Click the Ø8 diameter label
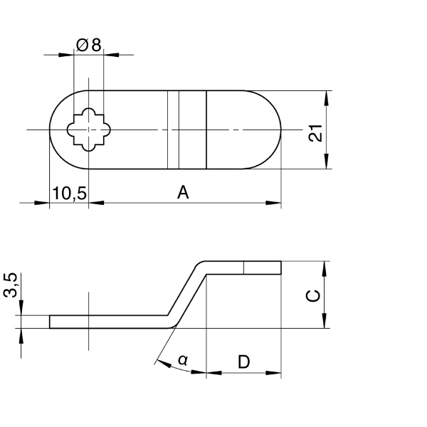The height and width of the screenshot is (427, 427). [x=88, y=45]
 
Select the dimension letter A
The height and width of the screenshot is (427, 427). [x=183, y=192]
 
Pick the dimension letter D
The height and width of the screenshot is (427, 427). [x=243, y=362]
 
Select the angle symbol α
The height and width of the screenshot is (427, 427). [x=183, y=362]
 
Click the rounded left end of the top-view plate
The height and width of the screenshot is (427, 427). [x=57, y=130]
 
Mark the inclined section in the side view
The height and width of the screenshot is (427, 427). [x=186, y=293]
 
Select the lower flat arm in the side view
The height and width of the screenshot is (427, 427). [x=107, y=322]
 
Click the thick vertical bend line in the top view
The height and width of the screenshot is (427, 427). [x=206, y=130]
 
